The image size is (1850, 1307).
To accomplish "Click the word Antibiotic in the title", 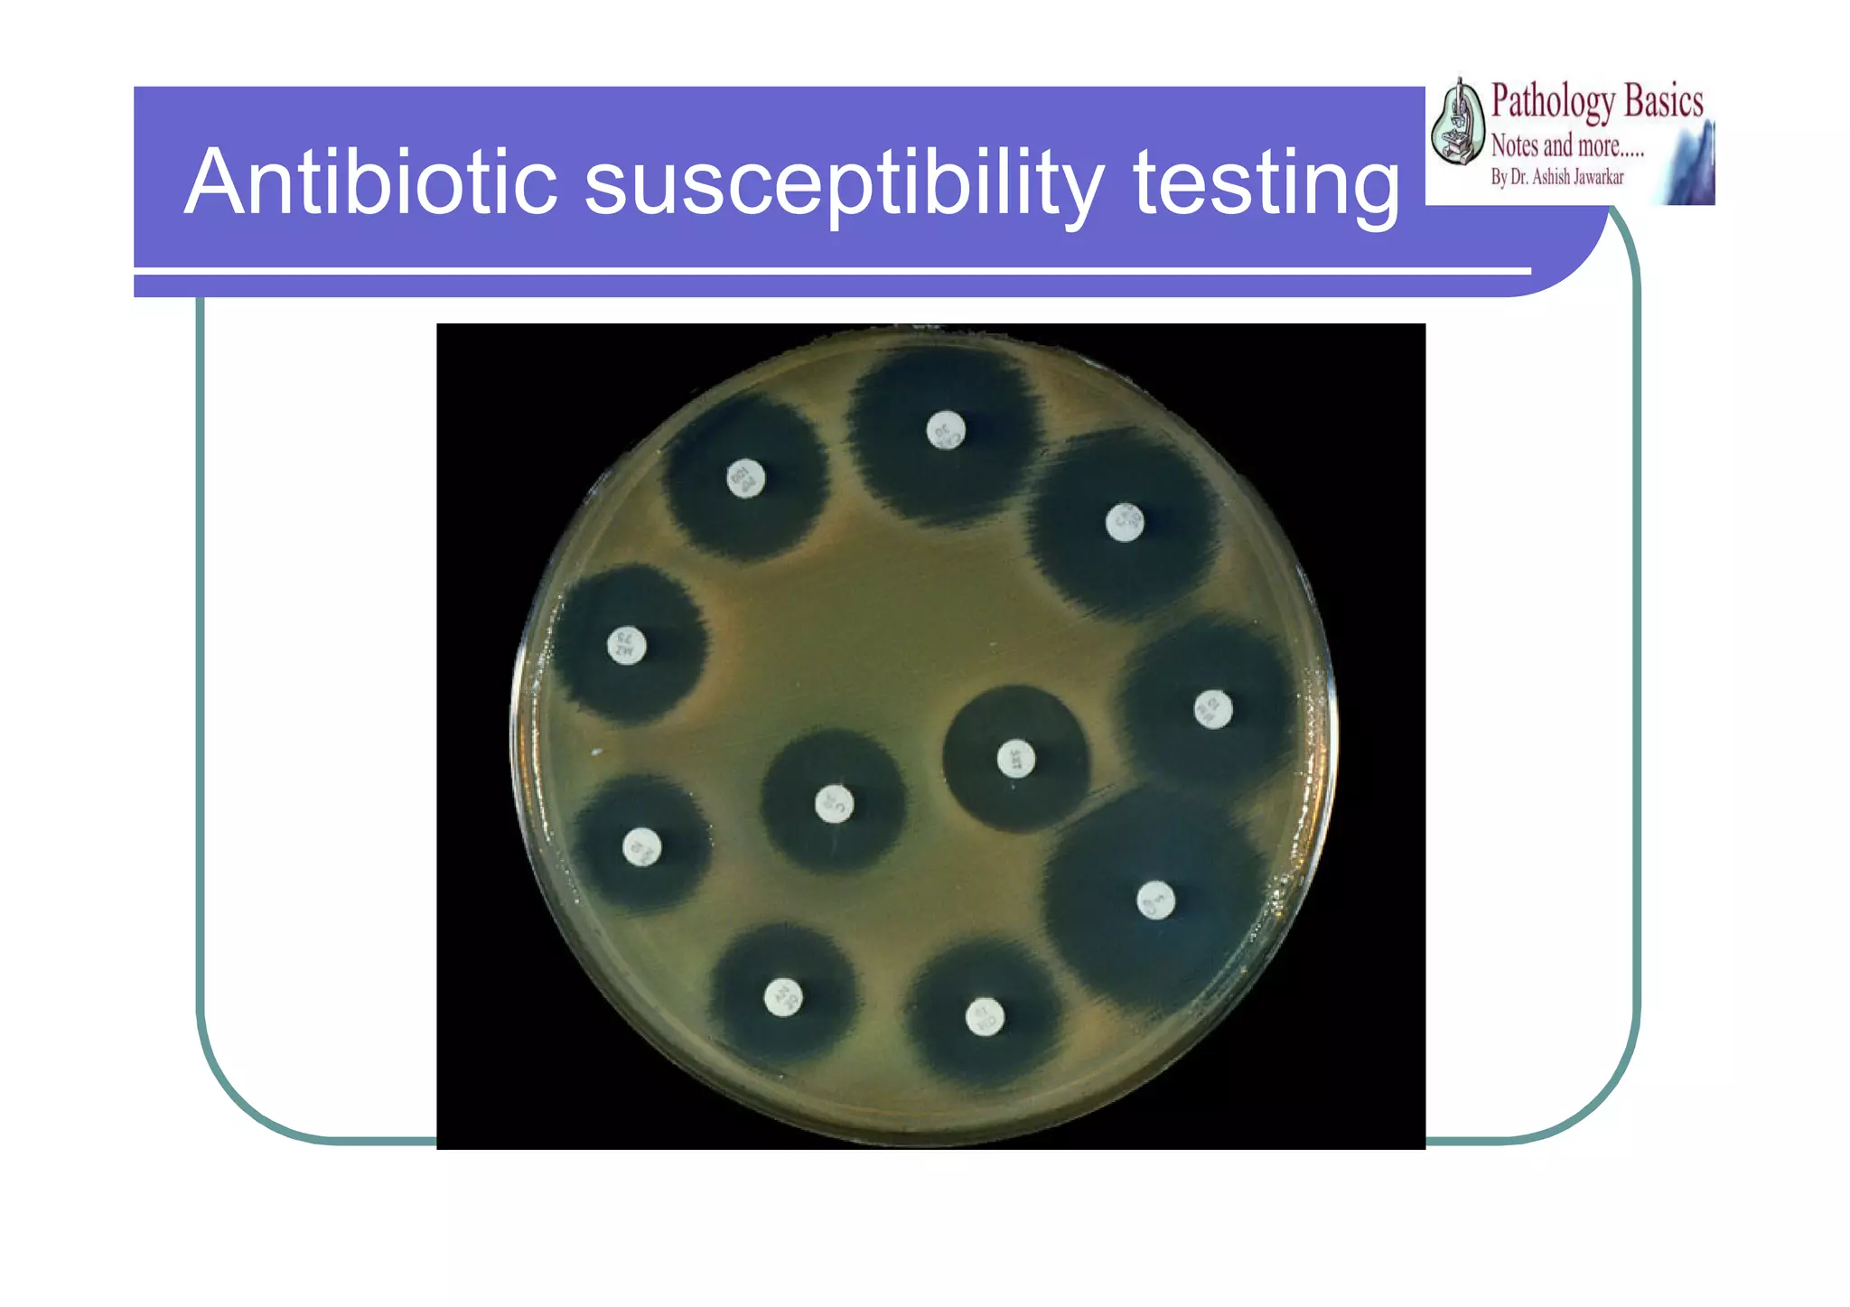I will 370,183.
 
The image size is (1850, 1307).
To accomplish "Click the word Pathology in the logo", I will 1551,101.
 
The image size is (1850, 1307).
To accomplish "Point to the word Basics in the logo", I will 1663,101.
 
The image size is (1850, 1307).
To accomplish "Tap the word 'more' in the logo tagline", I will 1608,145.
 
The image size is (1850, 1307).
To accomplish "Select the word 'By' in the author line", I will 1499,177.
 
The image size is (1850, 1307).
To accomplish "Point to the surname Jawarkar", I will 1599,177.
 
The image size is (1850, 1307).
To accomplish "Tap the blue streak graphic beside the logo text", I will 1690,167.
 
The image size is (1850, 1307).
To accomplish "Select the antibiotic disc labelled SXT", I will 1015,758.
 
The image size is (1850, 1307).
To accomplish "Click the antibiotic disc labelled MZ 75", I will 626,645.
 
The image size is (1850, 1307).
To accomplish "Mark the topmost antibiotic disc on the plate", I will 946,430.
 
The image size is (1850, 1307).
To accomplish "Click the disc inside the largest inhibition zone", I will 1155,900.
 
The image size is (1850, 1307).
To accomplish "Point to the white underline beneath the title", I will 831,271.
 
